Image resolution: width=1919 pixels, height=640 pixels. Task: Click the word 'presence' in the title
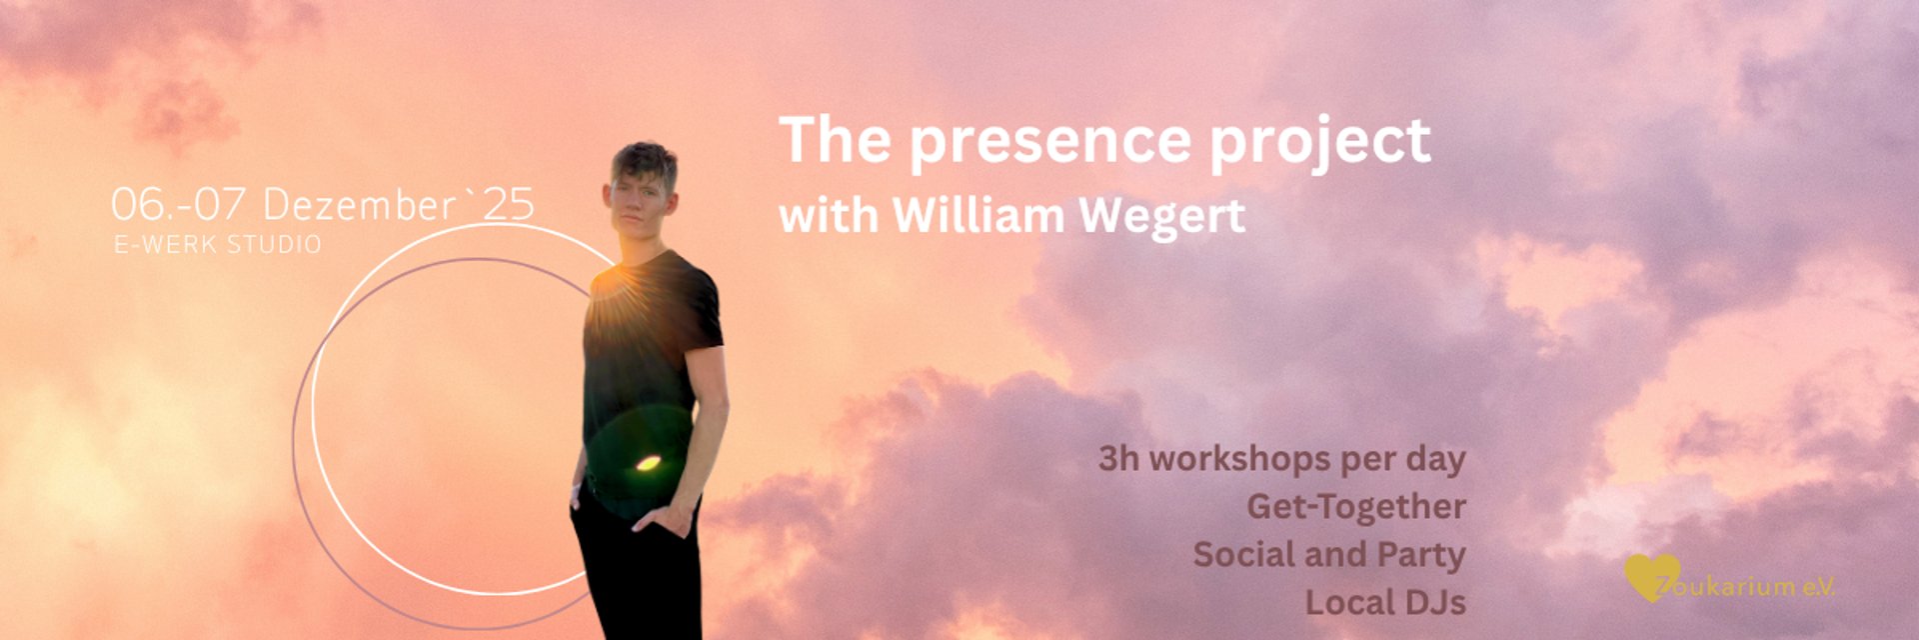click(1049, 143)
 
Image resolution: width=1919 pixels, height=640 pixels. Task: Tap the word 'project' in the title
click(1320, 143)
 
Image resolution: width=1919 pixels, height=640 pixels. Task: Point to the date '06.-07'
click(178, 205)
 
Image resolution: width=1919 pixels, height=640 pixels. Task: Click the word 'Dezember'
click(360, 205)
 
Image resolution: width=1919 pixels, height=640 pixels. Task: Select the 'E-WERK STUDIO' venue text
click(218, 245)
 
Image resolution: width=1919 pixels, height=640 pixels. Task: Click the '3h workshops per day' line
click(1282, 460)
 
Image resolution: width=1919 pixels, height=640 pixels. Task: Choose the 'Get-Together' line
click(1356, 507)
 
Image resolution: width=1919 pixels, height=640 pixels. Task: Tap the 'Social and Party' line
click(1329, 555)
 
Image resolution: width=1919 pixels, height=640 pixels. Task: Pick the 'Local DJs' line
click(1385, 602)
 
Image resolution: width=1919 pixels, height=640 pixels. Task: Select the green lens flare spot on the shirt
click(647, 463)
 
